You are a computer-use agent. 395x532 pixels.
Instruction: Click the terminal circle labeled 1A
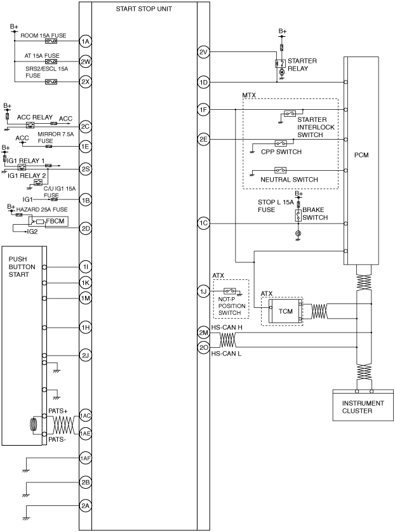coord(85,41)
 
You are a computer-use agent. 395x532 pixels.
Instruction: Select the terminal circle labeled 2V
coord(203,52)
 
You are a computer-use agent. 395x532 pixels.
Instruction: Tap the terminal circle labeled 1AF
coord(85,458)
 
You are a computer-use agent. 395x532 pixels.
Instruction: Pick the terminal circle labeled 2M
coord(204,333)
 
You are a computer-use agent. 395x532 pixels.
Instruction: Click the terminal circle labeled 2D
coord(86,229)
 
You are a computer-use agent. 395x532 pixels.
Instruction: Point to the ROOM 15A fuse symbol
coord(51,41)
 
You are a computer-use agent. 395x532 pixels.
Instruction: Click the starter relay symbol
coord(280,63)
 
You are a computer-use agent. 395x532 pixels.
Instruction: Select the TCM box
coord(285,311)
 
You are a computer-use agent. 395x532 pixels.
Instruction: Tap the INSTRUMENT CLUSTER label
coord(363,407)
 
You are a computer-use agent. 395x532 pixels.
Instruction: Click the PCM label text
coord(361,155)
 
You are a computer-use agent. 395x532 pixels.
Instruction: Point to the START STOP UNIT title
coord(144,9)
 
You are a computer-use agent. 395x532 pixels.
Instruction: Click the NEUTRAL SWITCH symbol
coord(280,170)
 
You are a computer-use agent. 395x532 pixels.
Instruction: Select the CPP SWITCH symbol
coord(281,143)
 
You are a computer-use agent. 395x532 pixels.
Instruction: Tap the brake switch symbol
coord(298,215)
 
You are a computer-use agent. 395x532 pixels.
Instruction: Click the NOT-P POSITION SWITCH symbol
coord(230,291)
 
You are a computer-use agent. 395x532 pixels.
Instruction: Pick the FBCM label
coord(55,221)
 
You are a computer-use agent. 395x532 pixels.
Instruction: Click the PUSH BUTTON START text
coord(22,267)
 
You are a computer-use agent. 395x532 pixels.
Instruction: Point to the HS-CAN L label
coord(226,354)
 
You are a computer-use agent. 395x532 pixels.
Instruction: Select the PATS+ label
coord(58,411)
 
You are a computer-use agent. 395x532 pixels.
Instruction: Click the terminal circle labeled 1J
coord(203,291)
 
